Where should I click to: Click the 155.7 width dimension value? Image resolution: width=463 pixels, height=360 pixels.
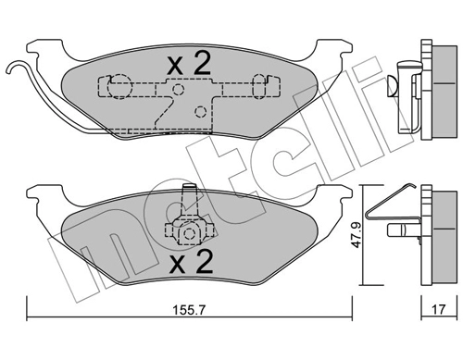pyautogui.click(x=188, y=310)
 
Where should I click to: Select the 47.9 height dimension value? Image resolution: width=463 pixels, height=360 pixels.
pyautogui.click(x=357, y=235)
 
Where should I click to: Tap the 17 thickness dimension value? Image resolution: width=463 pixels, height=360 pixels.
pyautogui.click(x=438, y=309)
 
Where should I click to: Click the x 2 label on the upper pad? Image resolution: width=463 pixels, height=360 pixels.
pyautogui.click(x=189, y=63)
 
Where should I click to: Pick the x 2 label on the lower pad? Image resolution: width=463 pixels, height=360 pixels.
pyautogui.click(x=191, y=262)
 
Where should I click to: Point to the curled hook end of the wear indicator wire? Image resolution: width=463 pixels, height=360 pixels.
pyautogui.click(x=15, y=66)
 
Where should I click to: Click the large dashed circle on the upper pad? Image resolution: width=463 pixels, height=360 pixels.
pyautogui.click(x=119, y=87)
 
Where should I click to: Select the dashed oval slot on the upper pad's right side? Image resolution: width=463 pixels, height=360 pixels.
pyautogui.click(x=259, y=86)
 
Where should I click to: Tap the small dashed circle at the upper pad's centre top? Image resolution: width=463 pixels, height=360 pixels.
pyautogui.click(x=178, y=90)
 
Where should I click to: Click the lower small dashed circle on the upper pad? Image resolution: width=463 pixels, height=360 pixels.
pyautogui.click(x=201, y=111)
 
